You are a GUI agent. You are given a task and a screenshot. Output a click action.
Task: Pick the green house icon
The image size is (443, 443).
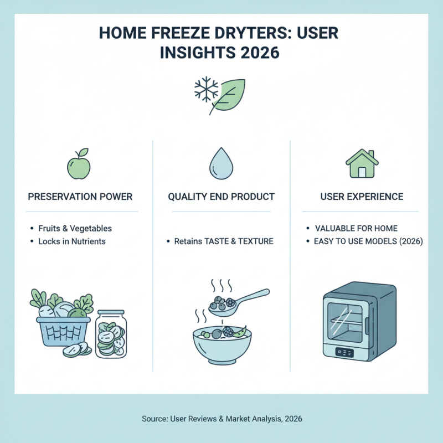click(x=362, y=163)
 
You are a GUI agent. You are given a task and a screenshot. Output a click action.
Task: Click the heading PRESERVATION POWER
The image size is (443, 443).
click(x=81, y=197)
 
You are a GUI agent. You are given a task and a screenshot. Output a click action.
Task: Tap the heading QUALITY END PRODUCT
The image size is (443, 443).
click(x=221, y=197)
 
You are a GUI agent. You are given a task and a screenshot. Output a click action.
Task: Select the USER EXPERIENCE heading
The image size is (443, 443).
click(x=362, y=197)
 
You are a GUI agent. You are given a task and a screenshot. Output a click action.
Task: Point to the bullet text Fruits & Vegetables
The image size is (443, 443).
click(x=75, y=228)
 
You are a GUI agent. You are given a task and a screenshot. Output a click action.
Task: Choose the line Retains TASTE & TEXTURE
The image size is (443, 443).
click(x=224, y=241)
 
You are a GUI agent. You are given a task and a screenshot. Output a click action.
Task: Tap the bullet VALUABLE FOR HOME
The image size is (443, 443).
click(x=356, y=228)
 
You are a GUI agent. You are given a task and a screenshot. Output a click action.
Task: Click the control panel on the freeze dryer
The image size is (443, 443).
click(x=344, y=352)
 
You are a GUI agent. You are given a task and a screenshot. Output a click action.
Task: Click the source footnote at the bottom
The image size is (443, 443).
click(x=221, y=418)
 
